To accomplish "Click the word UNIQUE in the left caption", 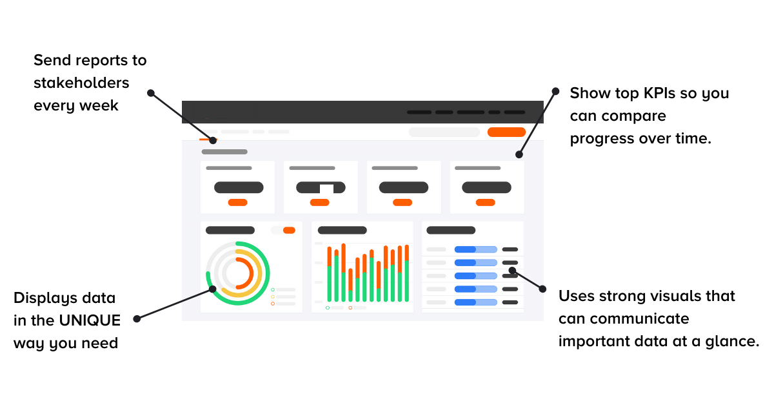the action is pos(90,320).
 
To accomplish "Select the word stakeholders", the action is pos(81,83).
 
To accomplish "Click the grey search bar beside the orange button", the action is pos(444,132).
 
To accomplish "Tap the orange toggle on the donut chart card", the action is pos(289,230).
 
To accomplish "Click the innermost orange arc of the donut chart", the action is pos(246,273).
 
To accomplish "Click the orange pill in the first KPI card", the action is pos(238,203).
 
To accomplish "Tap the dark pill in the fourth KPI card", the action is pos(486,187).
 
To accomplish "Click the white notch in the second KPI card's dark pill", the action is pos(326,189).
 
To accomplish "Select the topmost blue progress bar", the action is pos(476,249).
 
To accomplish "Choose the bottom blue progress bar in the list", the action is pos(476,302).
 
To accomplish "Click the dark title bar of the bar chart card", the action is pos(342,230).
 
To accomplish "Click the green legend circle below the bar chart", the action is pos(328,307).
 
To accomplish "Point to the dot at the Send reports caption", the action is pos(151,93).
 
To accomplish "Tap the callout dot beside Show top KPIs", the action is pos(555,91).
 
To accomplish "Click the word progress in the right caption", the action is pos(602,139).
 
